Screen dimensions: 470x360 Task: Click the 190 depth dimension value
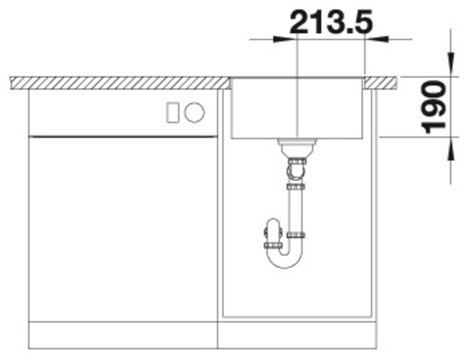point(433,107)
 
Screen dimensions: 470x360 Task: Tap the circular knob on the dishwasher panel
point(195,112)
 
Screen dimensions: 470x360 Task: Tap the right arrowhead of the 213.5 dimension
point(376,39)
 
